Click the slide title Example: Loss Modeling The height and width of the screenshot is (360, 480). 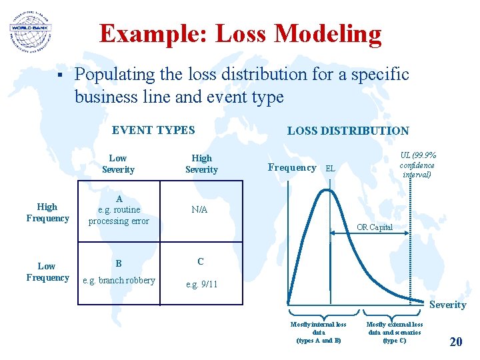tap(240, 33)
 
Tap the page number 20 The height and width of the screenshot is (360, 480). tap(456, 342)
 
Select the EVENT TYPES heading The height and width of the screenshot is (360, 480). tap(153, 130)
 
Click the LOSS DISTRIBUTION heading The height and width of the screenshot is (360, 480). tap(348, 131)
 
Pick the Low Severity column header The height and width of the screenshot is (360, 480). tap(118, 164)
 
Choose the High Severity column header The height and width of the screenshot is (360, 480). tap(201, 164)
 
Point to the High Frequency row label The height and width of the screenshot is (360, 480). tap(47, 213)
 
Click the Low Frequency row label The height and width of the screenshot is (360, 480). tap(47, 272)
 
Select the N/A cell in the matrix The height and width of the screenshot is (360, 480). tap(199, 209)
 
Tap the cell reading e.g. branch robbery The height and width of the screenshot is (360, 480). tap(118, 280)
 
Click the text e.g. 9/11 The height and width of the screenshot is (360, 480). tap(201, 285)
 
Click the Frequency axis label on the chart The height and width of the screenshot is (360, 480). tap(292, 168)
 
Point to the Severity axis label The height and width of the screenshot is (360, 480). tap(447, 305)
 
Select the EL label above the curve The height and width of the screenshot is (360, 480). tap(329, 169)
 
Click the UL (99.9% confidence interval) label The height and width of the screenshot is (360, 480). tap(417, 164)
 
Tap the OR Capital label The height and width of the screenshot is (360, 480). tap(375, 227)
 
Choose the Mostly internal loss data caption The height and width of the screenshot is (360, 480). tap(319, 332)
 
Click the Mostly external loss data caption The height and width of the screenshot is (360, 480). tap(394, 332)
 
